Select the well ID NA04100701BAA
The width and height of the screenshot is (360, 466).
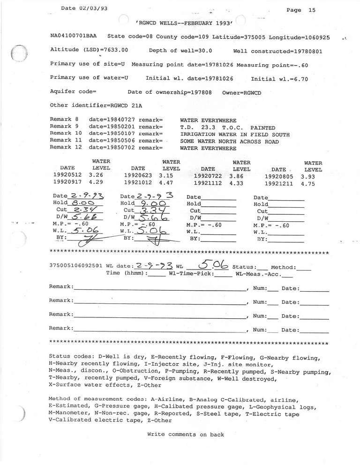click(74, 36)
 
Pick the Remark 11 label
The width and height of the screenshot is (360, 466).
click(66, 140)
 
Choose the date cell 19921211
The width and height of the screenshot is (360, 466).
click(279, 184)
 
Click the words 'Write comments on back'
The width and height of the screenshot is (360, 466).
click(186, 435)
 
